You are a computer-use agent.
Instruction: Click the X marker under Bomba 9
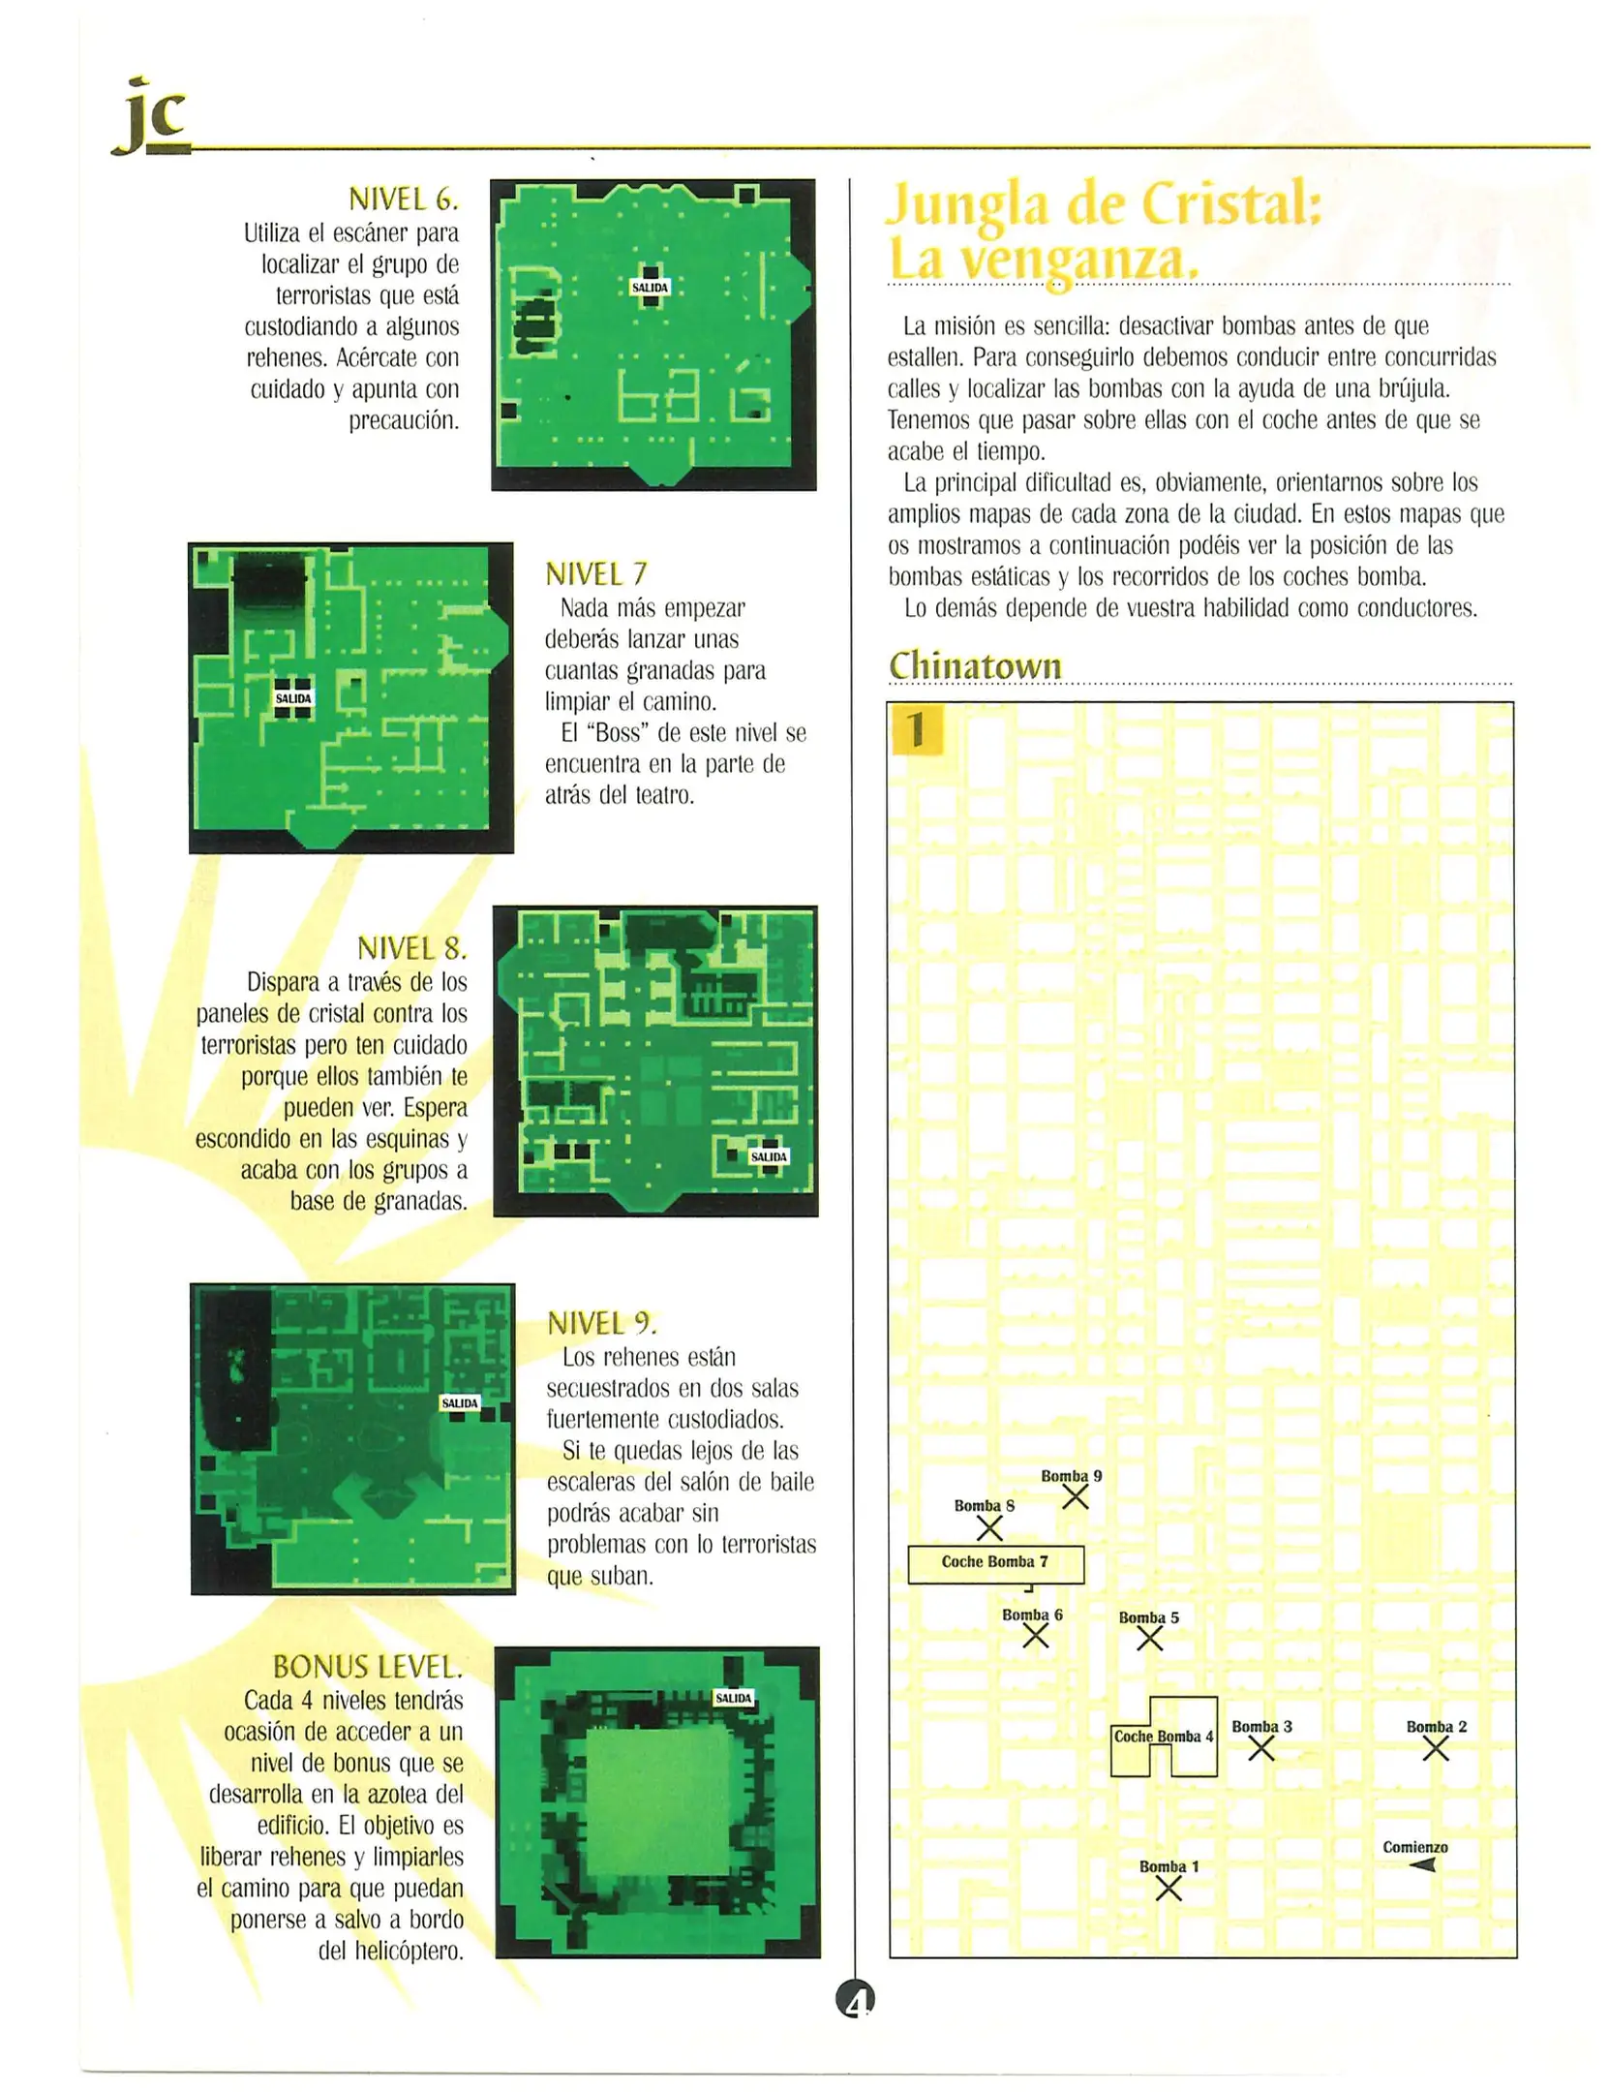click(1075, 1497)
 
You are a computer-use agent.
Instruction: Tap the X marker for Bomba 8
click(988, 1527)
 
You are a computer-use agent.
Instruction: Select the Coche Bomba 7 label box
click(994, 1563)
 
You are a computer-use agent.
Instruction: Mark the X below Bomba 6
click(1035, 1636)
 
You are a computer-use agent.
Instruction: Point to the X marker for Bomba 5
click(1149, 1638)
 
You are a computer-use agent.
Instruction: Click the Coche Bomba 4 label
click(1162, 1737)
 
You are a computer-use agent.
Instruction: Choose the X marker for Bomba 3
click(1260, 1748)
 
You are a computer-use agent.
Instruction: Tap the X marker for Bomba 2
click(1435, 1748)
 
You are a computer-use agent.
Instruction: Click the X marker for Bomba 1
click(1169, 1888)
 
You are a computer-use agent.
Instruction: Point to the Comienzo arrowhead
click(1422, 1864)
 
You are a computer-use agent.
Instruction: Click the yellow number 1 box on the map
click(915, 729)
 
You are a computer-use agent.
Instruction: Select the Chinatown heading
click(974, 665)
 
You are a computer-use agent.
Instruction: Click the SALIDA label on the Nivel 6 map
click(650, 288)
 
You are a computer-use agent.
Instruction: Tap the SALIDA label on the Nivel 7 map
click(292, 698)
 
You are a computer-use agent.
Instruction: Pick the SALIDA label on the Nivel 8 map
click(769, 1156)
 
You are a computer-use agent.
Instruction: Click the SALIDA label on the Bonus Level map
click(733, 1698)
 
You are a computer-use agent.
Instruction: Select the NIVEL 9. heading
click(601, 1323)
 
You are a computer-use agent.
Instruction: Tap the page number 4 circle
click(855, 1999)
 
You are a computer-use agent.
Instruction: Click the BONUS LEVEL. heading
click(367, 1667)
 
